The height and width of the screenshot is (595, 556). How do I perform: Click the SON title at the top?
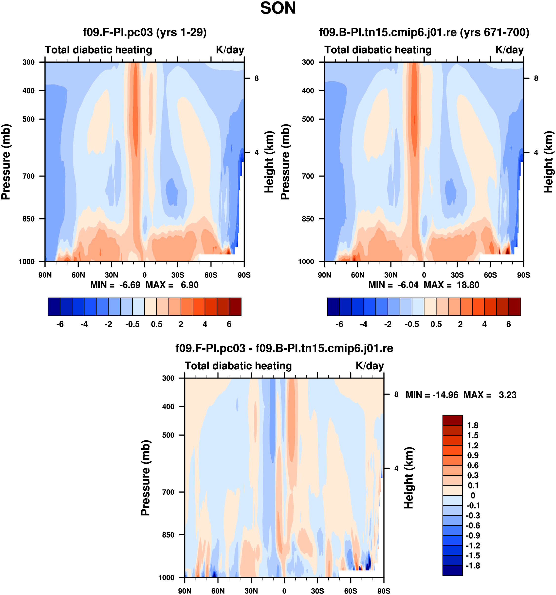[x=278, y=8]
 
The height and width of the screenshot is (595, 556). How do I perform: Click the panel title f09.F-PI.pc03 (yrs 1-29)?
[x=145, y=32]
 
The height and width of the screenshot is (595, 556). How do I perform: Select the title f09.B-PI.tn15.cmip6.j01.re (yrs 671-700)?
[x=424, y=32]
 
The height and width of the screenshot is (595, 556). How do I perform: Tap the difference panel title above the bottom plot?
[x=284, y=348]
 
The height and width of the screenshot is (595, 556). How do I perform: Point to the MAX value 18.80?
[x=468, y=285]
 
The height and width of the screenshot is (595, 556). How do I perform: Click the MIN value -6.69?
[x=130, y=285]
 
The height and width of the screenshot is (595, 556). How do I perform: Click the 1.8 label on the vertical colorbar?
[x=473, y=425]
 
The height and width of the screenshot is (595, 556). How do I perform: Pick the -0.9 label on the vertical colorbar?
[x=473, y=535]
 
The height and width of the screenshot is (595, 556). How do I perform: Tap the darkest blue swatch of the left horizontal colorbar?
[x=54, y=307]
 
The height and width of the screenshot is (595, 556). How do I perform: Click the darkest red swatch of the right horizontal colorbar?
[x=514, y=307]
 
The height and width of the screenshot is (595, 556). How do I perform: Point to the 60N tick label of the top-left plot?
[x=78, y=275]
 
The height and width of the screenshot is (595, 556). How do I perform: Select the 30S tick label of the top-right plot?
[x=457, y=275]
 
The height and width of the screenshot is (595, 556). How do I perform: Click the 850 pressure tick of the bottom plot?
[x=168, y=535]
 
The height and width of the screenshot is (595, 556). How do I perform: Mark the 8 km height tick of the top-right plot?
[x=536, y=78]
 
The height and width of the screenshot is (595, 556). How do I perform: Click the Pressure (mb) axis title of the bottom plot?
[x=146, y=478]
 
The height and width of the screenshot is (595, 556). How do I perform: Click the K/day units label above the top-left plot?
[x=230, y=50]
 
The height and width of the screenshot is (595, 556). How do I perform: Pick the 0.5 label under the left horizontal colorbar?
[x=157, y=325]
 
